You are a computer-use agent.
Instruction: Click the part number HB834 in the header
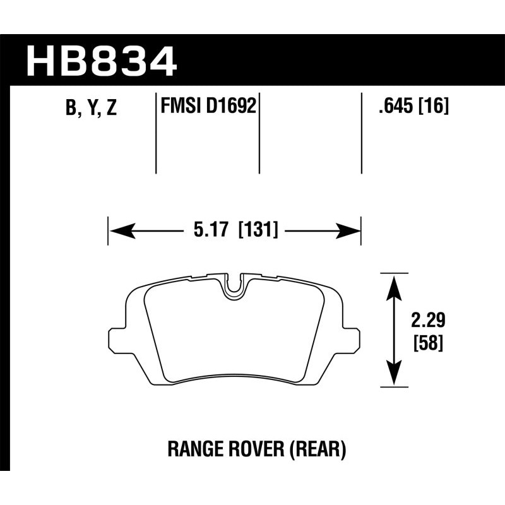tap(101, 62)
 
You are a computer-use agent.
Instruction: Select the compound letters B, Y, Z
tap(91, 108)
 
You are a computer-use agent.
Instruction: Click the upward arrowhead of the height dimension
tap(394, 284)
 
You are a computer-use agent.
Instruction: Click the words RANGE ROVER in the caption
tap(214, 449)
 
